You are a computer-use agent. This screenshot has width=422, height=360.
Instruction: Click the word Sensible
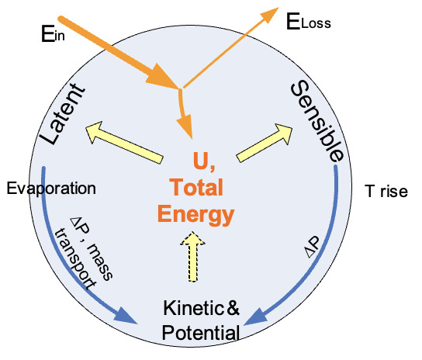click(x=316, y=120)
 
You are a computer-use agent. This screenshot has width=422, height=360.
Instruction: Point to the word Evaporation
click(x=50, y=189)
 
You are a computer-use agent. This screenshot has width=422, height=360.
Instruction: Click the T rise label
click(x=386, y=191)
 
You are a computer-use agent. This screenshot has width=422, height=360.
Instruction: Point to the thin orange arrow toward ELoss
click(x=233, y=47)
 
